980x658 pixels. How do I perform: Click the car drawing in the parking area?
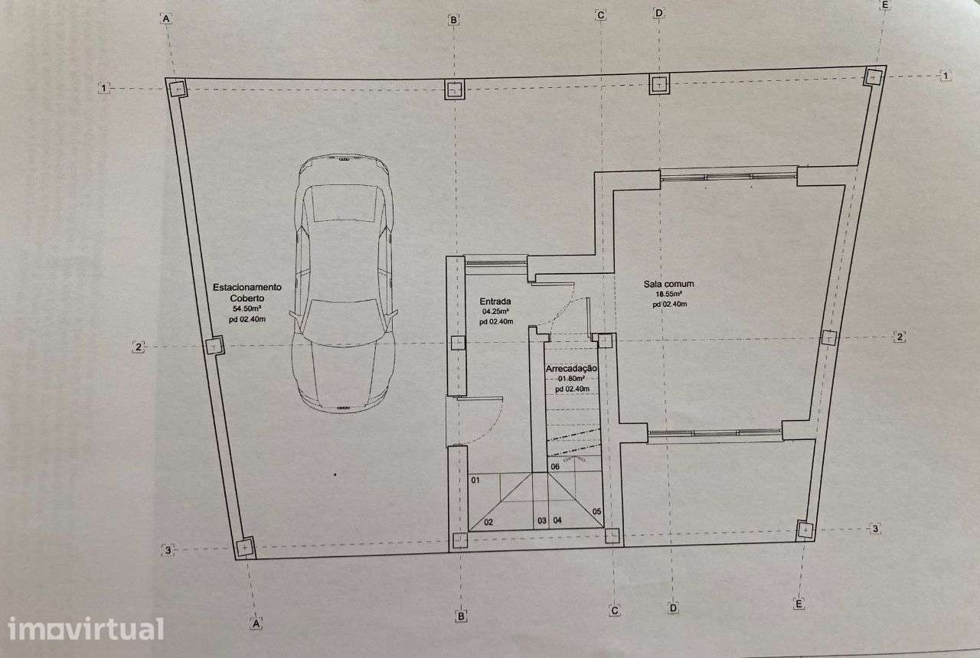pos(344,283)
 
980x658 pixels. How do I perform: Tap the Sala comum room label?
pos(668,284)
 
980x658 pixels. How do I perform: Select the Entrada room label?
pos(495,301)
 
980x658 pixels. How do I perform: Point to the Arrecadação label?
pos(571,369)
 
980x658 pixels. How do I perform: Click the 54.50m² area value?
pos(247,308)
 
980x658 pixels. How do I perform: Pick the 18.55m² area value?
pos(669,295)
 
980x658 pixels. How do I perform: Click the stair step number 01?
pos(475,480)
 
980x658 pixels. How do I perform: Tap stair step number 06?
pos(555,467)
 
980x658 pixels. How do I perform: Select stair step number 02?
pos(488,522)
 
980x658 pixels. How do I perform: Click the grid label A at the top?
pos(166,19)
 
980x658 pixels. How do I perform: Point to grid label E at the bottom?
pos(799,604)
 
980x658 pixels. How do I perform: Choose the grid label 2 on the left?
pos(139,347)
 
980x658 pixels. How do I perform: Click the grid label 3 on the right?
pos(875,529)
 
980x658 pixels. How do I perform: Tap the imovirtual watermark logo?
pos(86,629)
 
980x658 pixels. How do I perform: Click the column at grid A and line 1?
pos(177,89)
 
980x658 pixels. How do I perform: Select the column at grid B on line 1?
pos(455,90)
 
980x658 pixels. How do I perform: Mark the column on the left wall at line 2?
pos(214,346)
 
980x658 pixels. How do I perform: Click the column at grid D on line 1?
pos(659,84)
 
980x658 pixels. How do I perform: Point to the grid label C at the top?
pos(601,15)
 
